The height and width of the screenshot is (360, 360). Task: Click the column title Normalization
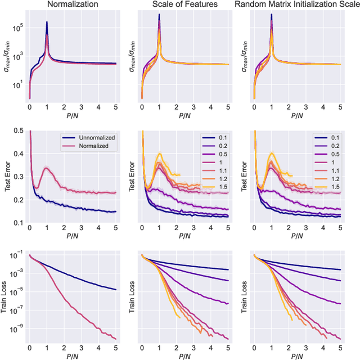pos(72,5)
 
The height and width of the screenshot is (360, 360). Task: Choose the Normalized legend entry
pos(91,146)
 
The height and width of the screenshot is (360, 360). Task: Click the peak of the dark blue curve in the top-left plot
pos(47,22)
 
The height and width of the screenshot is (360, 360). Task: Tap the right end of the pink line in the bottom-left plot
pos(116,339)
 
